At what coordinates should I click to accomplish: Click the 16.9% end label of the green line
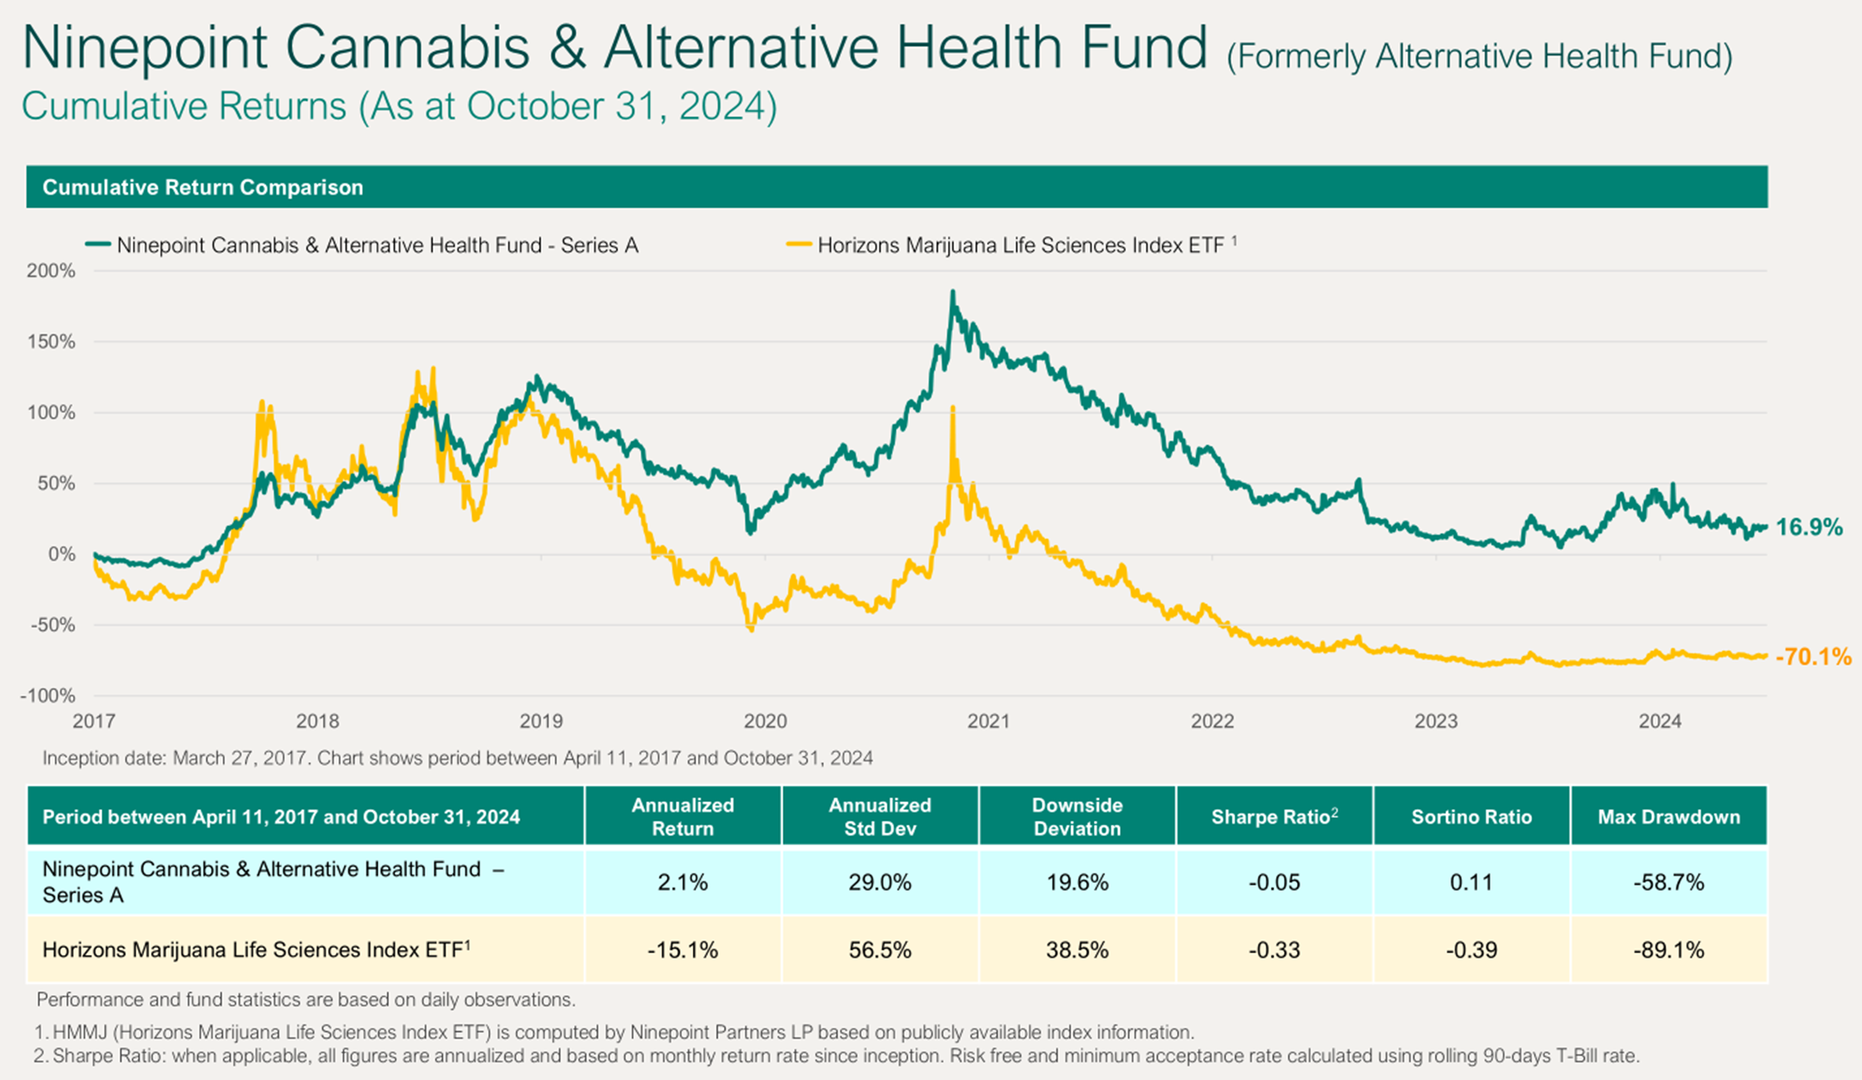1808,527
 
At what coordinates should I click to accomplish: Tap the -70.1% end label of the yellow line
1813,657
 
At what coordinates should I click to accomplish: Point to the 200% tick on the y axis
51,271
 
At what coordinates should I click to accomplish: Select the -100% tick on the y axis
48,695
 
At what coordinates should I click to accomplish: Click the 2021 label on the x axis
989,721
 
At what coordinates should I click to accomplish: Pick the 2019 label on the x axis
541,721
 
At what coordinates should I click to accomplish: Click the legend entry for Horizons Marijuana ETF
1020,246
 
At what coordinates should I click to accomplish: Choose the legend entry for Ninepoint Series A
377,246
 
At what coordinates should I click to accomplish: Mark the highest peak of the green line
952,293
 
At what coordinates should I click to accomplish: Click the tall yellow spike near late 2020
953,408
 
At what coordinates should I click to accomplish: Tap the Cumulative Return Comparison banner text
202,188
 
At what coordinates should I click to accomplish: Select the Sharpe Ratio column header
1273,817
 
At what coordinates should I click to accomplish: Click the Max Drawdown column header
1668,817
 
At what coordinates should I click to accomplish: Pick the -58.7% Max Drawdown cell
1668,883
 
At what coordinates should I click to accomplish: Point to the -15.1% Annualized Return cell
682,951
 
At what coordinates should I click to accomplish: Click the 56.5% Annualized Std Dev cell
879,951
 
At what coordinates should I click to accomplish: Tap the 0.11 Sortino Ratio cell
1471,883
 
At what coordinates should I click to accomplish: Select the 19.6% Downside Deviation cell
1076,883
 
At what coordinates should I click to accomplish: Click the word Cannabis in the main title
407,48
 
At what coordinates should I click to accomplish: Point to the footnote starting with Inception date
457,759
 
